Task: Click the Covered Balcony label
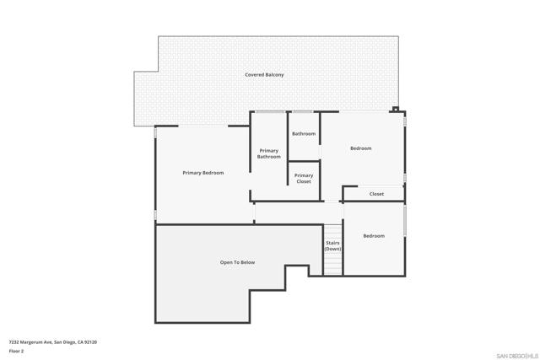264,75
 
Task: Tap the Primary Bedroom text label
203,173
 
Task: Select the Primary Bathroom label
269,153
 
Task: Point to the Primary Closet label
303,179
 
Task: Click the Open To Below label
237,262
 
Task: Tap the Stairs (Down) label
333,246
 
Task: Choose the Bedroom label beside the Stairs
374,236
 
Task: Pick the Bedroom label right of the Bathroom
360,148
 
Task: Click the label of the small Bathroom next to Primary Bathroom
304,134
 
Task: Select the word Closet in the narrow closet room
376,194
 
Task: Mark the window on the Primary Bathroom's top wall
269,111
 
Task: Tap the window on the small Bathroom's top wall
303,111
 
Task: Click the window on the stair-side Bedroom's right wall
405,220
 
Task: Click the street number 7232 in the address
14,342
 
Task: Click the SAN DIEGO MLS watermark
515,355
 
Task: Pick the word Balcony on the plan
274,75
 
